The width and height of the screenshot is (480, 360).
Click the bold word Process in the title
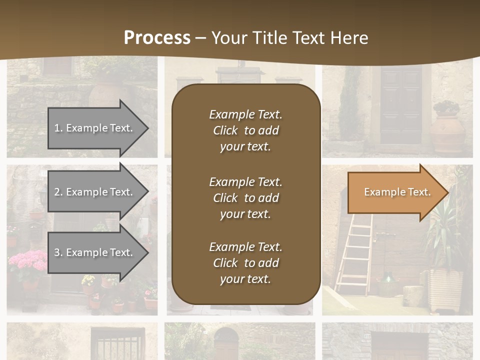pyautogui.click(x=157, y=37)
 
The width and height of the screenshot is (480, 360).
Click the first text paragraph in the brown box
pyautogui.click(x=245, y=130)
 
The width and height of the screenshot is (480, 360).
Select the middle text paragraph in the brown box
pyautogui.click(x=245, y=198)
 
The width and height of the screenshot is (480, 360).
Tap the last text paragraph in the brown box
pyautogui.click(x=245, y=263)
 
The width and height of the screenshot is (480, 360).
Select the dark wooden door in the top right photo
pyautogui.click(x=401, y=105)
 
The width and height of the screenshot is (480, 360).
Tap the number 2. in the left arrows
pyautogui.click(x=58, y=192)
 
